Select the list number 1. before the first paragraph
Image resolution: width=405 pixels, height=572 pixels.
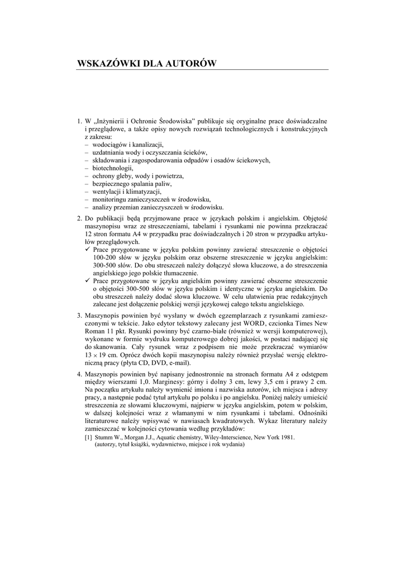tap(79, 120)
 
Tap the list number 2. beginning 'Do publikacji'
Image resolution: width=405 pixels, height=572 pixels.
tap(79, 219)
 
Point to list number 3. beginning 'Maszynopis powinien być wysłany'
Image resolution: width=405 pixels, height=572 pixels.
tap(79, 316)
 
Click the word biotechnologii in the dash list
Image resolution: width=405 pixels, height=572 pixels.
tap(113, 168)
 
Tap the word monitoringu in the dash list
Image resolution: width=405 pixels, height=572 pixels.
tap(112, 199)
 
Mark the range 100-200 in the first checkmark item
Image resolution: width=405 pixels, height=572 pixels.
tap(105, 258)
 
